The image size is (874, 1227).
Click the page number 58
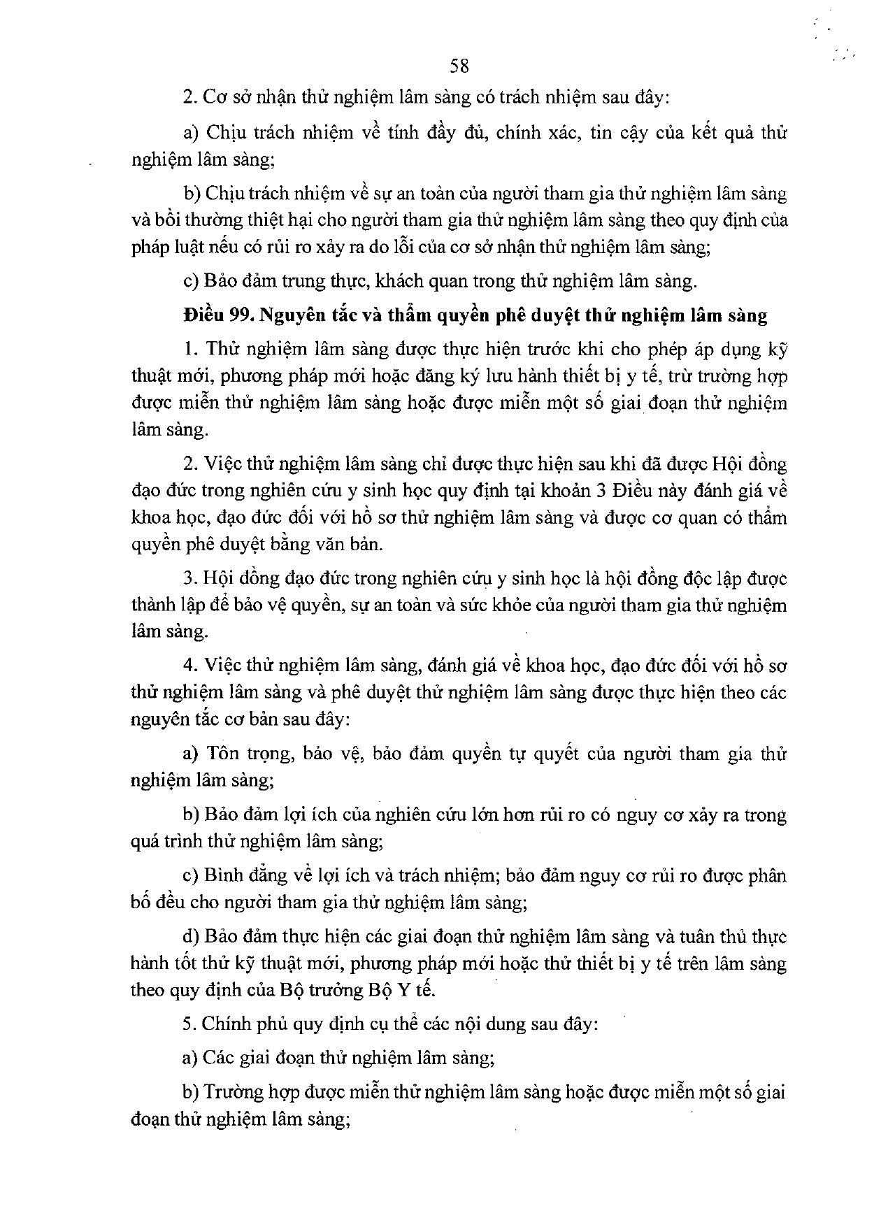coord(459,66)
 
